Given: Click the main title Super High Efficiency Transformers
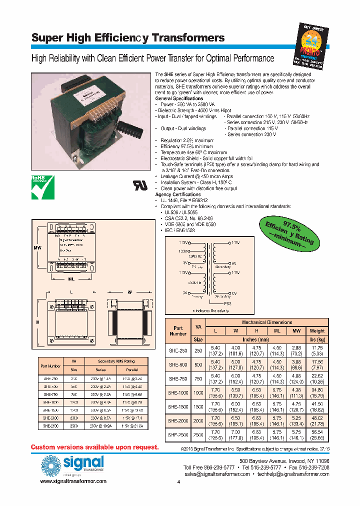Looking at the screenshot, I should (x=128, y=38).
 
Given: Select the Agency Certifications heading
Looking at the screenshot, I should (x=178, y=194).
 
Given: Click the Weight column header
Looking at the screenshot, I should (x=317, y=330).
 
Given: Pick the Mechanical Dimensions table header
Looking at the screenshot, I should (x=267, y=322).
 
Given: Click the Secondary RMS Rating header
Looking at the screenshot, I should (x=116, y=361).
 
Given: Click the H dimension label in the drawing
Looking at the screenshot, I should (x=37, y=322).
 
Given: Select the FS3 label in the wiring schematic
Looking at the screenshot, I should (x=227, y=303).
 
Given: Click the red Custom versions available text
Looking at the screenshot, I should (x=94, y=446).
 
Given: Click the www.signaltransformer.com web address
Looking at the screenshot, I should (x=73, y=480).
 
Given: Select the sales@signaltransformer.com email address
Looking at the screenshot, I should (x=217, y=474).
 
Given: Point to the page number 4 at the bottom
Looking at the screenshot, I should (x=178, y=482).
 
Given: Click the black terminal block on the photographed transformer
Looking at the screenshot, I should (x=131, y=124).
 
